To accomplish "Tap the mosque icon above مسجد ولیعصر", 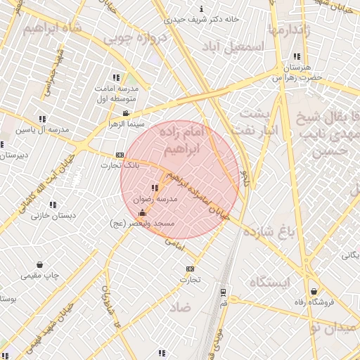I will point(143,213).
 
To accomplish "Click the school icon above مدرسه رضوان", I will point(154,188).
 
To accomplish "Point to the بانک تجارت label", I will point(120,165).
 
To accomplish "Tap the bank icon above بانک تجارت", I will point(120,155).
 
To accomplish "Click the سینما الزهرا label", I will point(124,124).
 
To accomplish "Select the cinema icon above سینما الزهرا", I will point(126,113).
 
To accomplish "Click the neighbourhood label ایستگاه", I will point(269,283).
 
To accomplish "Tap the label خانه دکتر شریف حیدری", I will point(204,20).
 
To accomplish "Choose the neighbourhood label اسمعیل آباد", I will point(234,46).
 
